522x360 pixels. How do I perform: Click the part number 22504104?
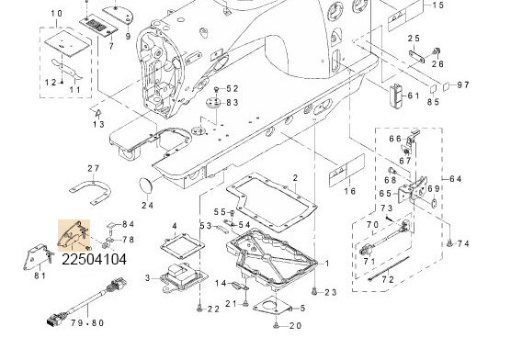click(x=95, y=261)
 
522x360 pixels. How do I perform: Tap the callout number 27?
click(x=93, y=168)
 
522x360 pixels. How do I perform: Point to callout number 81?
click(x=40, y=275)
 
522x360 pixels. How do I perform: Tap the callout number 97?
click(x=463, y=85)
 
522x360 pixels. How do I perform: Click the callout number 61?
click(x=413, y=96)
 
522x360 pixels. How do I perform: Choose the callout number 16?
click(x=348, y=191)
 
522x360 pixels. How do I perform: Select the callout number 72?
click(x=389, y=278)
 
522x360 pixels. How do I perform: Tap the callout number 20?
click(x=295, y=326)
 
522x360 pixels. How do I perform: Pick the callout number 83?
click(x=232, y=102)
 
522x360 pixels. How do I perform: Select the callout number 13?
click(x=98, y=124)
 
